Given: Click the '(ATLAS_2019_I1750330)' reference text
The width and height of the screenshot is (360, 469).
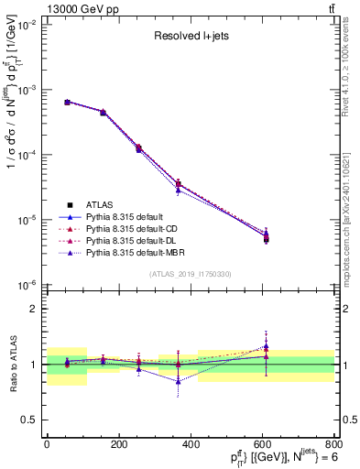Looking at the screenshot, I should (x=190, y=273).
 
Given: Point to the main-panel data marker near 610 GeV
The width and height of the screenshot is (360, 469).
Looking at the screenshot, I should (x=266, y=239).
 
